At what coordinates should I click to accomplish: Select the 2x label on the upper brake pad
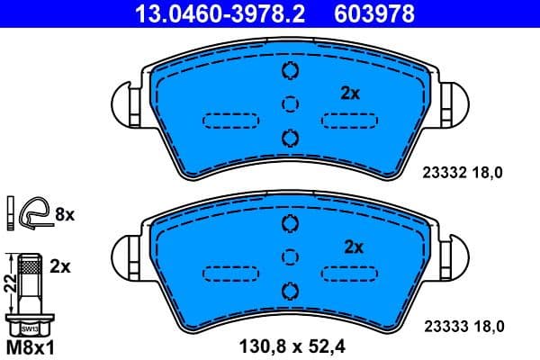[350, 93]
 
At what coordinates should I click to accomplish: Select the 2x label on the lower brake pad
[353, 246]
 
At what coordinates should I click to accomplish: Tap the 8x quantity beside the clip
[67, 214]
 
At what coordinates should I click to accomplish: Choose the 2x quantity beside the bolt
[60, 266]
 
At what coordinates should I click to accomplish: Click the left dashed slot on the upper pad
[230, 120]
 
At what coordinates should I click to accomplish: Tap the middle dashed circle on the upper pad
[289, 103]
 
